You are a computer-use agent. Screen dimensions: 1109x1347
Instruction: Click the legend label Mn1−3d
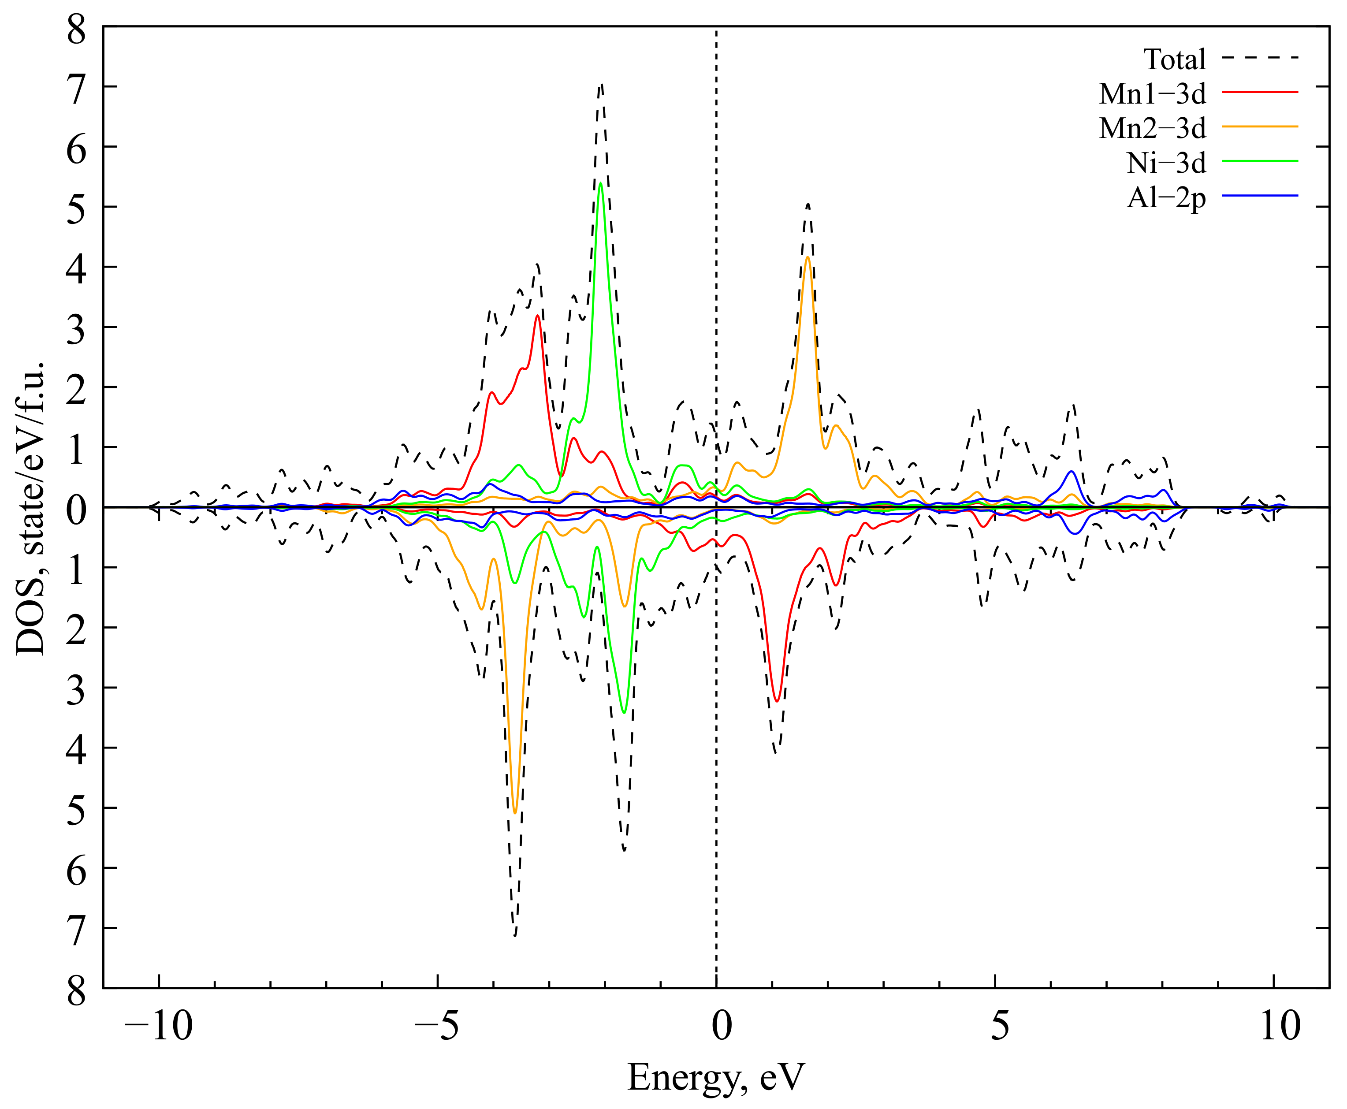[1152, 94]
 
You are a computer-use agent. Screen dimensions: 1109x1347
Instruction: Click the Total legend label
[1174, 60]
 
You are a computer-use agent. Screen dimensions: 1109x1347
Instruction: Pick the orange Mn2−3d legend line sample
[1259, 127]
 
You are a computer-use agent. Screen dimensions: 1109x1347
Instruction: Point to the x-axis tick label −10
[158, 1027]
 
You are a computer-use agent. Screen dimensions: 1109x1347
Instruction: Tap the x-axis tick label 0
[721, 1027]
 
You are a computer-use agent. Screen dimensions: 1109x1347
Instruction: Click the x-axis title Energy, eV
[715, 1078]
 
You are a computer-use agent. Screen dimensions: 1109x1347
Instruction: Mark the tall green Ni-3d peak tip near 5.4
[600, 183]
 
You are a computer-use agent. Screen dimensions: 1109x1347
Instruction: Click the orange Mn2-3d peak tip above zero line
[808, 257]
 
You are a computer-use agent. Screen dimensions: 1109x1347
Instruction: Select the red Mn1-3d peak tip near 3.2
[538, 316]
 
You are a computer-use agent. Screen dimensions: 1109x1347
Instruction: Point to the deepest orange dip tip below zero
[515, 813]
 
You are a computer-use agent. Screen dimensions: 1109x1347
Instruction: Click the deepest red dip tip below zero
[777, 701]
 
